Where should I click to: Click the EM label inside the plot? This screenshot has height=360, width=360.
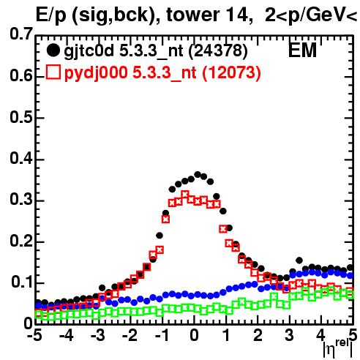tap(302, 50)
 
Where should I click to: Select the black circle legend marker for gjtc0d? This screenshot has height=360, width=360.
tap(53, 50)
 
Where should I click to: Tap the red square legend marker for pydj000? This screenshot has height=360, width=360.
tap(53, 72)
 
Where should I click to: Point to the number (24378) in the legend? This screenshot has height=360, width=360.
tap(218, 50)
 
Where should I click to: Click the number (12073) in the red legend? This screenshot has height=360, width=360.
tap(231, 72)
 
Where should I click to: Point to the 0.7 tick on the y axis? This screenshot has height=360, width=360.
tap(21, 34)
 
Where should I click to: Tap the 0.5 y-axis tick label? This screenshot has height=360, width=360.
tap(21, 117)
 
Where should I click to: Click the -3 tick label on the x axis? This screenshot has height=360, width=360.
tap(97, 335)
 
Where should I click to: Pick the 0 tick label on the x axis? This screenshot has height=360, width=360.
tap(194, 335)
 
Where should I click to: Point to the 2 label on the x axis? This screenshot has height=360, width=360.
tap(258, 335)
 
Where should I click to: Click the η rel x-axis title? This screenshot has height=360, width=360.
tap(338, 349)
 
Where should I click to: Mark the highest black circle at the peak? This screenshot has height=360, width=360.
tap(198, 174)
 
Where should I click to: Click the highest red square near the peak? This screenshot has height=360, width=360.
tap(185, 195)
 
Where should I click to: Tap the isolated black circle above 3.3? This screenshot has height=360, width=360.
tap(299, 260)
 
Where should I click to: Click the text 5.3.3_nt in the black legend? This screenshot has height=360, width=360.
tap(151, 52)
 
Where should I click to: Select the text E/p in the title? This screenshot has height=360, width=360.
tap(51, 15)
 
